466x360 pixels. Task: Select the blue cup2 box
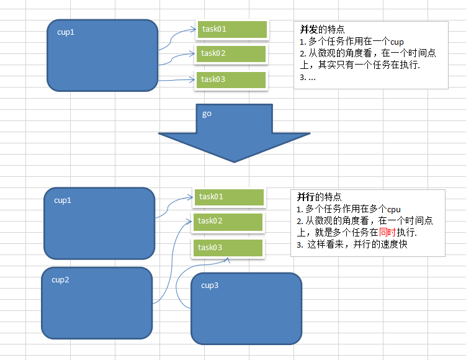pyautogui.click(x=97, y=302)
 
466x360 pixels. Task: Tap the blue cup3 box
pyautogui.click(x=246, y=308)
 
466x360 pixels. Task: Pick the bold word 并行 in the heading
pyautogui.click(x=305, y=196)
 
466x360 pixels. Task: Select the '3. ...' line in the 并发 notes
pyautogui.click(x=308, y=78)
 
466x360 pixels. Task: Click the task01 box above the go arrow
pyautogui.click(x=232, y=29)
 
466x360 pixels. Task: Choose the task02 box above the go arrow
pyautogui.click(x=232, y=53)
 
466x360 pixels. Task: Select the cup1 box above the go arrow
pyautogui.click(x=102, y=55)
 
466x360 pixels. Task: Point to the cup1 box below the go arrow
pyautogui.click(x=99, y=223)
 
